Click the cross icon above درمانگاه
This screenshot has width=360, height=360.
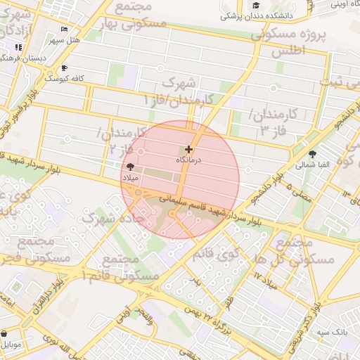(x=188, y=149)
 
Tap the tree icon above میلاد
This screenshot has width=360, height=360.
(x=129, y=167)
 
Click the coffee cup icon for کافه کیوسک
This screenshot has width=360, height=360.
(x=65, y=68)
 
